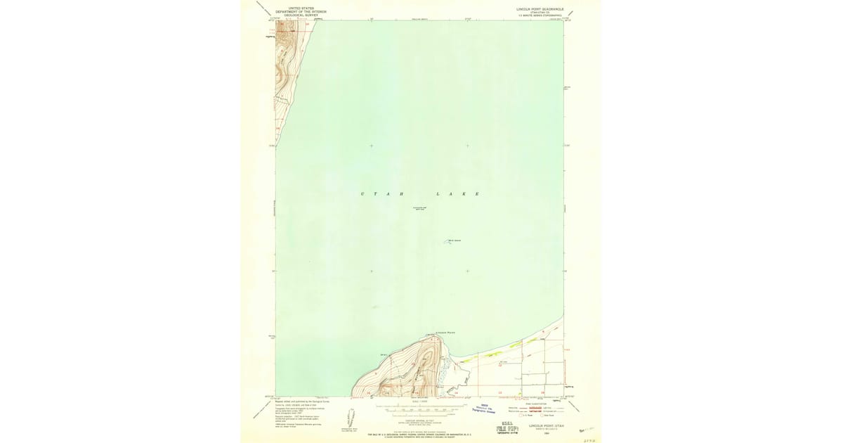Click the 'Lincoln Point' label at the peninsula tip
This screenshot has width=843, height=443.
pos(436,330)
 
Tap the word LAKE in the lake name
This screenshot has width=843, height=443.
pos(457,193)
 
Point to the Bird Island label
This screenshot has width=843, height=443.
pos(454,240)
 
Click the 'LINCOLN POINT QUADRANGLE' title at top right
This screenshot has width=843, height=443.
pos(540,9)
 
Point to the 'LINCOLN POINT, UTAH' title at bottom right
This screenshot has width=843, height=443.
pos(547,426)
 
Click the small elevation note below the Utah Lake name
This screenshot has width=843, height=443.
pos(419,208)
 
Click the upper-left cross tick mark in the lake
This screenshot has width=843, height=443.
pos(371,146)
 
